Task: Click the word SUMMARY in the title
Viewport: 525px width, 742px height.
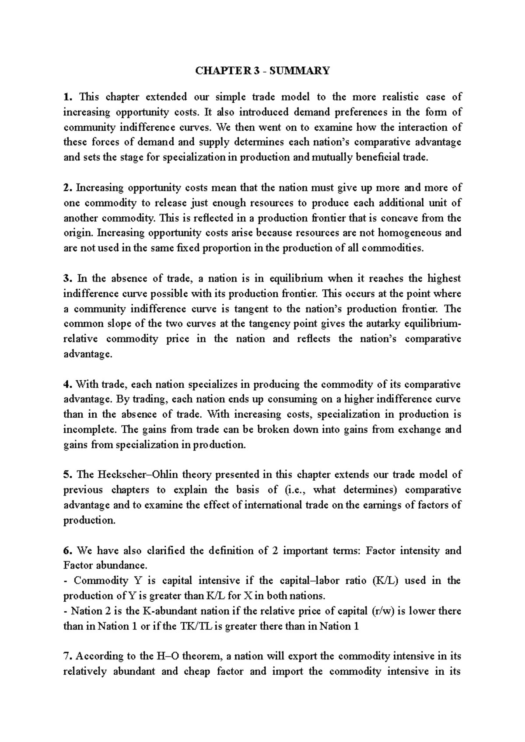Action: pyautogui.click(x=305, y=70)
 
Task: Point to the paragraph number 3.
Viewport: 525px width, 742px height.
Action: pyautogui.click(x=66, y=278)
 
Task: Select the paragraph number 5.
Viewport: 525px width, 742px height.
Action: pyautogui.click(x=66, y=475)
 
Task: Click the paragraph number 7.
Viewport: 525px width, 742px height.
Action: pyautogui.click(x=66, y=656)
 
